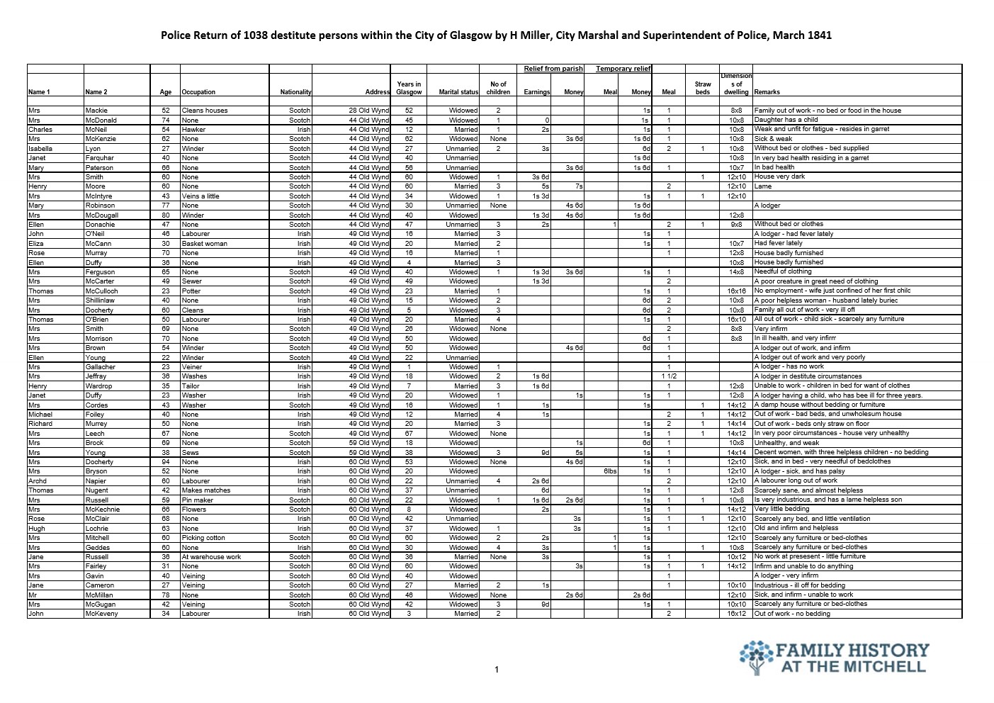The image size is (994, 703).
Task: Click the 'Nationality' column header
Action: click(295, 92)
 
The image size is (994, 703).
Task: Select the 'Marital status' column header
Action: click(458, 92)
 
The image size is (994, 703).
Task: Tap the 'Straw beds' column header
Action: click(702, 88)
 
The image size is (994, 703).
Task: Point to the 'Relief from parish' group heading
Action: click(553, 69)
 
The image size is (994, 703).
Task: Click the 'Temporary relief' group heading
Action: click(623, 69)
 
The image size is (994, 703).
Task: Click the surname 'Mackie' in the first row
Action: click(96, 111)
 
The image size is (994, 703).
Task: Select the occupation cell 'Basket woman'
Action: click(205, 243)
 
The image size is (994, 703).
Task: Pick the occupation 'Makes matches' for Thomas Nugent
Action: click(206, 490)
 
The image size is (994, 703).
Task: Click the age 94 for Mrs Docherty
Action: click(166, 462)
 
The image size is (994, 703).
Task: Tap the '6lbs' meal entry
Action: click(610, 471)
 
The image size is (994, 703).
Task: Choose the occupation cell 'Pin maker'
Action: click(198, 500)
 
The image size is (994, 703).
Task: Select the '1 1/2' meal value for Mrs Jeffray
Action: click(669, 376)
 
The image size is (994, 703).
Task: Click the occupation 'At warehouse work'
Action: click(211, 557)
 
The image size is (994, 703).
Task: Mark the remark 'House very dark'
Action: click(779, 176)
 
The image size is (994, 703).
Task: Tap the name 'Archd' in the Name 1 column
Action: click(38, 481)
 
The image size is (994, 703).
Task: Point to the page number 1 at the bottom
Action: click(497, 670)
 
